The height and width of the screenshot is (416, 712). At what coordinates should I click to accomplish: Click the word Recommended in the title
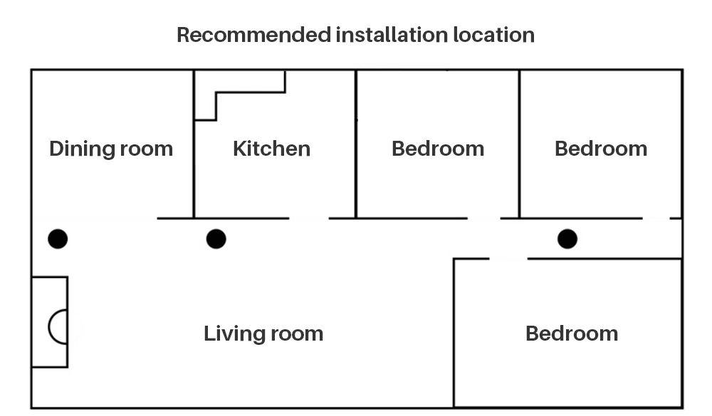(x=254, y=35)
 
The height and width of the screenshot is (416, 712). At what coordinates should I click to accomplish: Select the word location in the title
(x=493, y=35)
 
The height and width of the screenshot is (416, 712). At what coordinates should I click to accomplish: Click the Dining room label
(x=111, y=149)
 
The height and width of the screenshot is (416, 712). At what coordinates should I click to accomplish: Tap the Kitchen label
(x=271, y=149)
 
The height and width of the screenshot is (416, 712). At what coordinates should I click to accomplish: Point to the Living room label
(x=263, y=334)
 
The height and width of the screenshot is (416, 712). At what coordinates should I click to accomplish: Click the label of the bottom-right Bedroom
(x=572, y=334)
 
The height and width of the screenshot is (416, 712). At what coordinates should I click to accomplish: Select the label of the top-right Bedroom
(x=601, y=149)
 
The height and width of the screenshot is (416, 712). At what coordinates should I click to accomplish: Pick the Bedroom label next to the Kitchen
(x=438, y=149)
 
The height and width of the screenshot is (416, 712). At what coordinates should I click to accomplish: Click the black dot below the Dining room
(x=58, y=239)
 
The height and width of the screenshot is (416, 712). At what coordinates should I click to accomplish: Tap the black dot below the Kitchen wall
(x=216, y=239)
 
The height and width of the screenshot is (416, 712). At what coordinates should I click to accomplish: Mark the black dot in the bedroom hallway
(x=567, y=239)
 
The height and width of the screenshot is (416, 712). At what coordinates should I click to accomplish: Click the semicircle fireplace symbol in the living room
(x=49, y=327)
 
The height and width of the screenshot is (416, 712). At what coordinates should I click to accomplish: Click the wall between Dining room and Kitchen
(x=194, y=144)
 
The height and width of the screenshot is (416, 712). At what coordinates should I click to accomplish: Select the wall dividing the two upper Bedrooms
(x=520, y=144)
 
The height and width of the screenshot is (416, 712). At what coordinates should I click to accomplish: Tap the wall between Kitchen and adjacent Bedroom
(x=356, y=144)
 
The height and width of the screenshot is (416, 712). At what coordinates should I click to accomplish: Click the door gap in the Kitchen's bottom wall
(x=309, y=218)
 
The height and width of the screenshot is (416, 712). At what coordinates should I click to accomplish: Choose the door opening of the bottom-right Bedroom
(x=508, y=259)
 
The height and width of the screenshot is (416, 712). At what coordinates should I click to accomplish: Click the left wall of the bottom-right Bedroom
(x=454, y=333)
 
